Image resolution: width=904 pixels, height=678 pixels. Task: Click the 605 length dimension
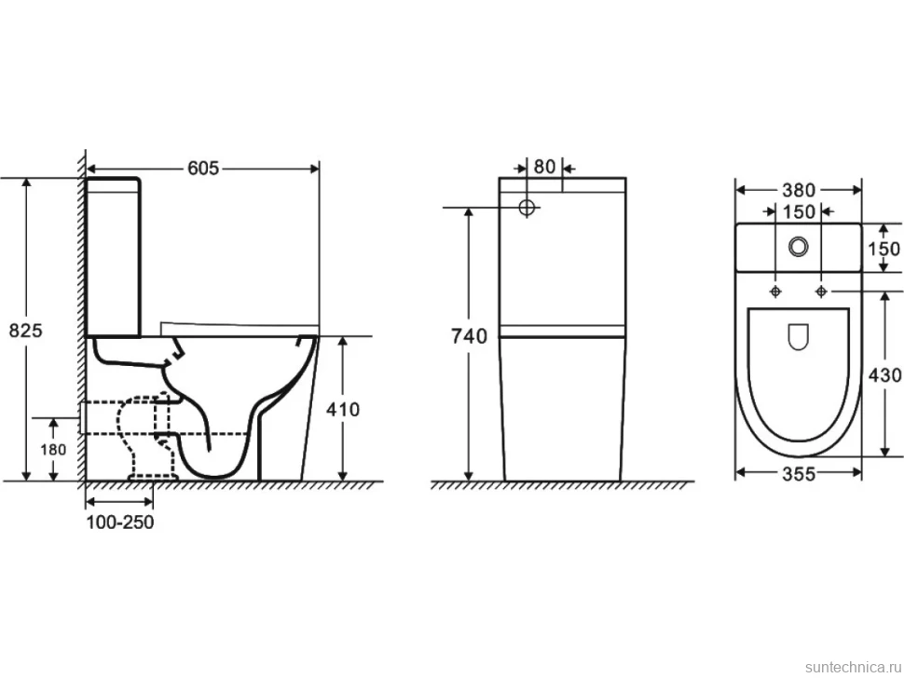[x=203, y=169]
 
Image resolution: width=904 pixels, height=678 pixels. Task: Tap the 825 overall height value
[x=26, y=331]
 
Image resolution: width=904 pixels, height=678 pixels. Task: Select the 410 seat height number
[x=343, y=410]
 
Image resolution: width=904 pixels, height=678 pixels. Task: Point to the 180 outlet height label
[x=53, y=449]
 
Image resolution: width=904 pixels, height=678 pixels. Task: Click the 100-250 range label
[x=120, y=522]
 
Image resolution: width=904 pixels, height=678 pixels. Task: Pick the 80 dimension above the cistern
[x=544, y=167]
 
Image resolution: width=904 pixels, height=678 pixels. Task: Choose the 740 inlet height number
[x=470, y=336]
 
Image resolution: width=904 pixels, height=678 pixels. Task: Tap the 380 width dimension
[x=799, y=190]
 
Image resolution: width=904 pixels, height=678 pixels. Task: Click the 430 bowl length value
[x=885, y=375]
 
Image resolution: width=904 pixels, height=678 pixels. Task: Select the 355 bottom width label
[x=799, y=474]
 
